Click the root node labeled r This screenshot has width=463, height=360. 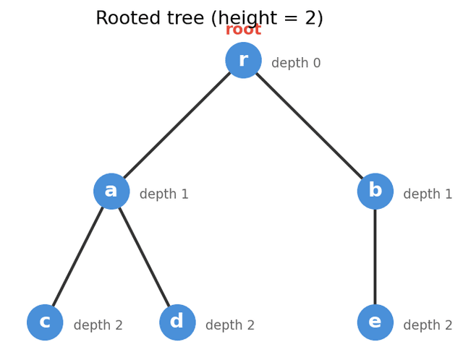(x=243, y=60)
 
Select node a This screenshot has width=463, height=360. (x=111, y=192)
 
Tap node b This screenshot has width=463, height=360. (x=375, y=192)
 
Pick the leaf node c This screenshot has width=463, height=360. (x=45, y=322)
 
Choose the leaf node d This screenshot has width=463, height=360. (x=177, y=322)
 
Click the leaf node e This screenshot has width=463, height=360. (x=375, y=322)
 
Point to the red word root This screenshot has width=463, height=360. (x=243, y=30)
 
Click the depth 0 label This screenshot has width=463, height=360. (x=296, y=64)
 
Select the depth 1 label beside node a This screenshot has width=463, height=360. (x=163, y=194)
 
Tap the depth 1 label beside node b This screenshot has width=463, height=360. (x=428, y=194)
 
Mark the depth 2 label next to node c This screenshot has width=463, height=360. (x=98, y=326)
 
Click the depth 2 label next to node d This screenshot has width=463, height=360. (x=230, y=326)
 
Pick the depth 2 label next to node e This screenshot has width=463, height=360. (x=428, y=326)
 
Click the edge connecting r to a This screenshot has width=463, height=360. (x=177, y=126)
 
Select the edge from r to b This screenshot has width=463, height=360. (x=309, y=126)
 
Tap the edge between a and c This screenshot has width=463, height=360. (x=78, y=257)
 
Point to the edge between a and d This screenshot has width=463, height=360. (x=145, y=257)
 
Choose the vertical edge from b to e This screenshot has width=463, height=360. (x=375, y=257)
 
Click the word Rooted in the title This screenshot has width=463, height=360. (x=126, y=19)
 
